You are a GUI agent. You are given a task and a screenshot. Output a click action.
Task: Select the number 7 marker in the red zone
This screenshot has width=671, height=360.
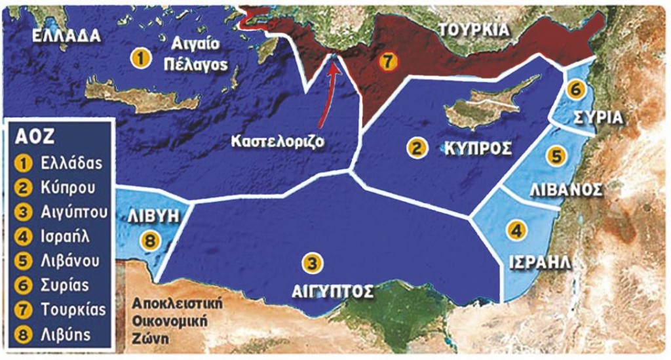click(388, 62)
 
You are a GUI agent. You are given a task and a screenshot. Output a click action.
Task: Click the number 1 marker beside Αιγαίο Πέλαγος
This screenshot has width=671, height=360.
click(138, 58)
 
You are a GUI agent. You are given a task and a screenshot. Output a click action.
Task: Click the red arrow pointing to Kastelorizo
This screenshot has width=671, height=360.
click(326, 92)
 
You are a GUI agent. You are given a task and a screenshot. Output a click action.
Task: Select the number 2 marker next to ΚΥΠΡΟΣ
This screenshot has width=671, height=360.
click(415, 148)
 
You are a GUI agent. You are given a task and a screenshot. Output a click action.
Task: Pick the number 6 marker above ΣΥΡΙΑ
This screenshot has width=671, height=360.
click(575, 90)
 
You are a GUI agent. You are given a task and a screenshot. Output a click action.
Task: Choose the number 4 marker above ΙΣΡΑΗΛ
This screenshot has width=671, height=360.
click(517, 230)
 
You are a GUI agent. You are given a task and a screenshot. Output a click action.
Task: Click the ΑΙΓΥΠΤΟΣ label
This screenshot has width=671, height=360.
click(332, 290)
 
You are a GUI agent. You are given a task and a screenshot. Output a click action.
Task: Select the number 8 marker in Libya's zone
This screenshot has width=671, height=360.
click(150, 241)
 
